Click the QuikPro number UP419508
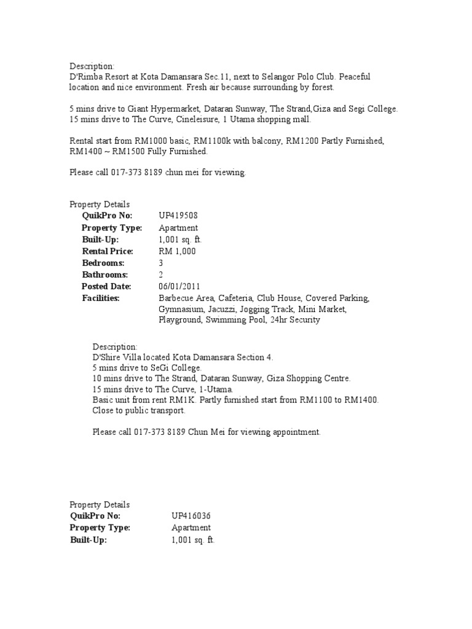coord(178,216)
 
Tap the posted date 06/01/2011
coord(179,286)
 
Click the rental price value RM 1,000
coord(177,251)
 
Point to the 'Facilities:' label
coord(101,298)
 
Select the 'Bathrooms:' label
coord(105,275)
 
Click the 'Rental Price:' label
coord(107,251)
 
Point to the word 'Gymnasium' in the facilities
coord(179,309)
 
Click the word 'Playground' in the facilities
coord(179,320)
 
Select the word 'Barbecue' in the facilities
coord(178,298)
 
